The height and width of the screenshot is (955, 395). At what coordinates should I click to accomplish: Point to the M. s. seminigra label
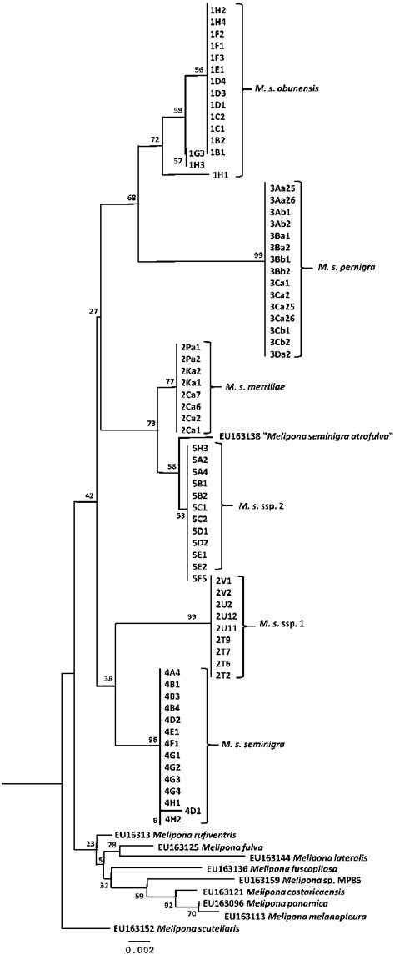pyautogui.click(x=248, y=742)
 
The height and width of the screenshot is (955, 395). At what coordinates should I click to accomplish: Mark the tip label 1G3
pyautogui.click(x=197, y=153)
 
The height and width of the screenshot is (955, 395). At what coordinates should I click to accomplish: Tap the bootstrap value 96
pyautogui.click(x=152, y=738)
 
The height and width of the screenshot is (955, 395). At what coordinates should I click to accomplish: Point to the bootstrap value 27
pyautogui.click(x=92, y=310)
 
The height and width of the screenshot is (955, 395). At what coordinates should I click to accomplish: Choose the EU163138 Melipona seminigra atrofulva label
pyautogui.click(x=305, y=435)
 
